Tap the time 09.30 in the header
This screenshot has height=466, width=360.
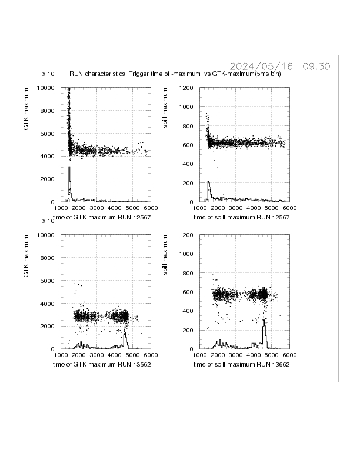(x=316, y=66)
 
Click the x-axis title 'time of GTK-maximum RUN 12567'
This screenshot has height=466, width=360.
(x=98, y=218)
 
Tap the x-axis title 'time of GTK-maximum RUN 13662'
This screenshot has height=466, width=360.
(x=98, y=365)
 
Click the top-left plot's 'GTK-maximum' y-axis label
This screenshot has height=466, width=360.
(x=27, y=107)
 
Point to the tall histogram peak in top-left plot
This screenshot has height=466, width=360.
(x=69, y=169)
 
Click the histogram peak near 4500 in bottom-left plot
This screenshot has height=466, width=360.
(x=125, y=334)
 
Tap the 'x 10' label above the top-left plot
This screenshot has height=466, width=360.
(x=48, y=74)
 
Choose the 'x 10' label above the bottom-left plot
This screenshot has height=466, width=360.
(x=48, y=221)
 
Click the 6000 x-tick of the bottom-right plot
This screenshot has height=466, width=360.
(x=289, y=355)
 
